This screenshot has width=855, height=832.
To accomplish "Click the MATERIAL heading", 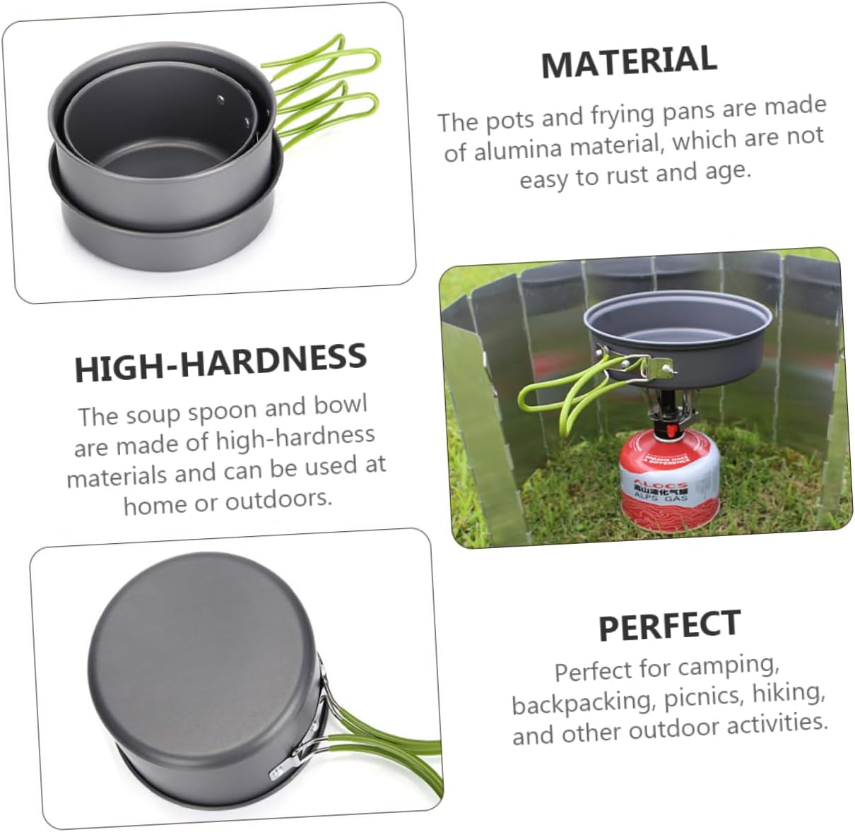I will click(x=629, y=61).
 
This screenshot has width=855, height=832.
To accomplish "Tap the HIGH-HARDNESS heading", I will click(x=220, y=362).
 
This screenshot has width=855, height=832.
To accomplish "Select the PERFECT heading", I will click(x=669, y=625).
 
